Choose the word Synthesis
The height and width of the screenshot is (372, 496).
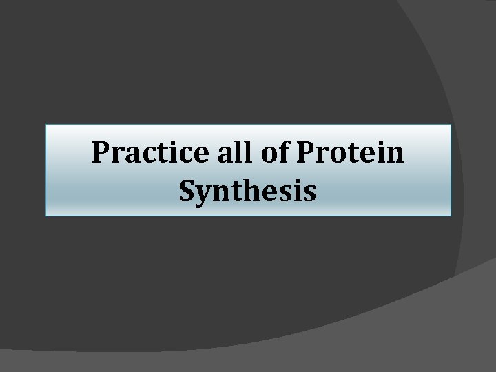click(x=248, y=191)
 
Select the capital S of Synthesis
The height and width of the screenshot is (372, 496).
click(x=188, y=191)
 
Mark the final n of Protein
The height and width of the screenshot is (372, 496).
click(x=395, y=155)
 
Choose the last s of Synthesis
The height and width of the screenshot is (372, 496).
click(x=309, y=194)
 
